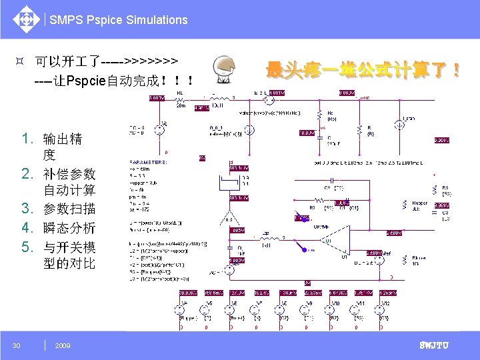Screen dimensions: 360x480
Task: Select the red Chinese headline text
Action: (363, 69)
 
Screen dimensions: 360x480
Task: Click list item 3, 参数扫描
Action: (69, 209)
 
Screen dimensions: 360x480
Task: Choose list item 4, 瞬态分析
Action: (69, 227)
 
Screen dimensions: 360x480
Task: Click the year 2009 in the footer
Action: (63, 345)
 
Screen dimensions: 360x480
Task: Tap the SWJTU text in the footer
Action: (433, 345)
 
